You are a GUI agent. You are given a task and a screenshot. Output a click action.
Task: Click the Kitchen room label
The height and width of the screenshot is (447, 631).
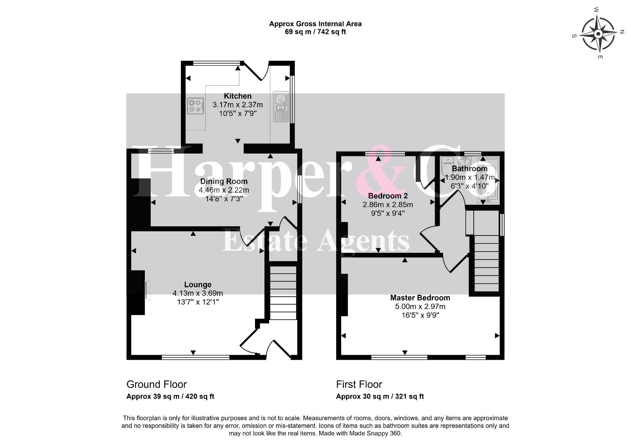tap(238, 96)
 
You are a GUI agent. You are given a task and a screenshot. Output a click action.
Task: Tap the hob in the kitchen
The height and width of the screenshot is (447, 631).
tap(195, 106)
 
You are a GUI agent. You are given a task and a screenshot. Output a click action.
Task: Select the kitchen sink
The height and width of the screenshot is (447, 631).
tap(280, 106)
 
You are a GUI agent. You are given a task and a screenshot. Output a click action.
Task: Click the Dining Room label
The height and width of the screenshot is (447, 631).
tap(224, 181)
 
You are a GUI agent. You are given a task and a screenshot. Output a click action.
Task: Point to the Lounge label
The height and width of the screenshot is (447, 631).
tap(198, 285)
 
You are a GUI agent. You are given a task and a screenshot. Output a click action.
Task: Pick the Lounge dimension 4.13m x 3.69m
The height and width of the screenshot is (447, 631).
tap(198, 293)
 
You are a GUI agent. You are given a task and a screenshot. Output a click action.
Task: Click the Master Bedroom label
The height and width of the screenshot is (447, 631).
tap(420, 298)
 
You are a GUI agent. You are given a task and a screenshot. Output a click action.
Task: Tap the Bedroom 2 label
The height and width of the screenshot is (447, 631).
tap(388, 196)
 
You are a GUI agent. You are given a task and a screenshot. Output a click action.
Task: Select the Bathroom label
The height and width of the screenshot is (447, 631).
tap(470, 169)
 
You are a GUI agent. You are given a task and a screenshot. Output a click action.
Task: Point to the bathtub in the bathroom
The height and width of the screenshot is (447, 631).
tap(488, 180)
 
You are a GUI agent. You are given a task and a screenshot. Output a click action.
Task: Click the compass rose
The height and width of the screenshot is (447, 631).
tap(598, 34)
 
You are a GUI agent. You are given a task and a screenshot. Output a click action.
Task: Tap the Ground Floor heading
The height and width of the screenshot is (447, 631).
tap(157, 385)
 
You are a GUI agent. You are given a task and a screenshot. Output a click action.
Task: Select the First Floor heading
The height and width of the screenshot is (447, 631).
tap(359, 385)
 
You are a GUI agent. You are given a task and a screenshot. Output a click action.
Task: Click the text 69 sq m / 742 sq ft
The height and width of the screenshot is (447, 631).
tap(315, 32)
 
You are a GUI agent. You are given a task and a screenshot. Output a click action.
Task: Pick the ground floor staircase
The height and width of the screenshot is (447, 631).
tap(283, 293)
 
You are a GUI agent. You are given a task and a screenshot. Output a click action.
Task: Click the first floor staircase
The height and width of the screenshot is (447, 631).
tap(486, 263)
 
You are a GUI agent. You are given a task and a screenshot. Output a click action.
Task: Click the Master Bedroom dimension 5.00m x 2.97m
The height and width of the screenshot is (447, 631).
tap(420, 306)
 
